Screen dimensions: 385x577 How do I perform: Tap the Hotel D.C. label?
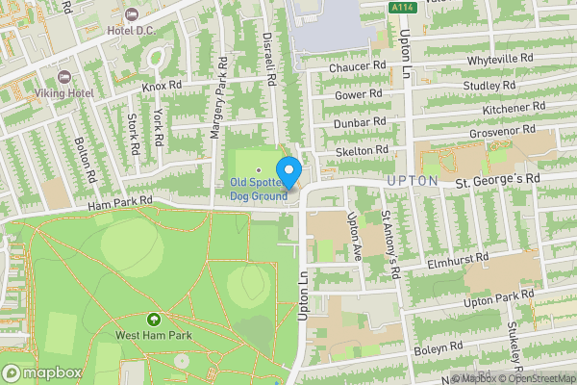(132, 31)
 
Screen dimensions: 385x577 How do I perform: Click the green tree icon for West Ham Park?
(153, 319)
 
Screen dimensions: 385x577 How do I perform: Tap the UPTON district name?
(414, 181)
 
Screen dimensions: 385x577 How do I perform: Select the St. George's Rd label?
(498, 180)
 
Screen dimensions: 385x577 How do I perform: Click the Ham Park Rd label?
(120, 201)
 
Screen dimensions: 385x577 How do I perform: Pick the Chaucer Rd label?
(357, 67)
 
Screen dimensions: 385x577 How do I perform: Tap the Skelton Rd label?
(363, 150)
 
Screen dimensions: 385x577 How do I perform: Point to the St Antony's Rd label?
(389, 244)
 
